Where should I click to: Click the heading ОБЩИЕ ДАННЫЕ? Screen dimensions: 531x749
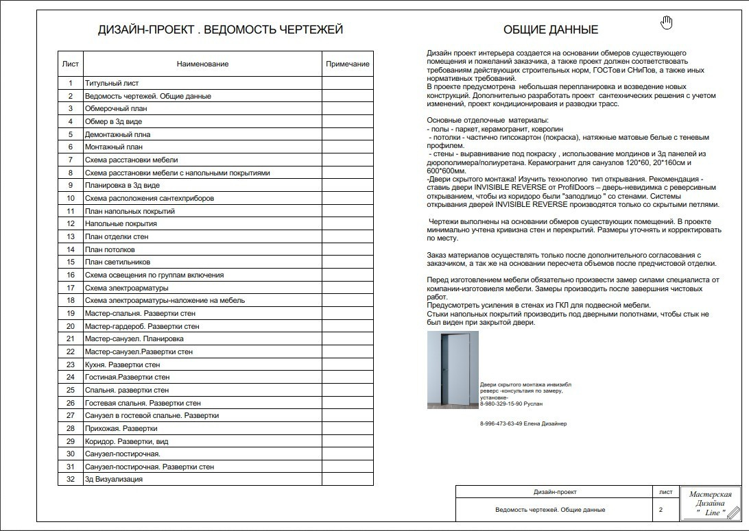(x=550, y=29)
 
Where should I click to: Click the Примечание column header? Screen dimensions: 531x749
(x=347, y=64)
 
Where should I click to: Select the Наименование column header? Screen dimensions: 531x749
(x=202, y=64)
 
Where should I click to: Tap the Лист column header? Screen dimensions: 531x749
(x=70, y=64)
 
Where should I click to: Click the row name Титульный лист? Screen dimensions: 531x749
(x=112, y=84)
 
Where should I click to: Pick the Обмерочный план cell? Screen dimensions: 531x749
(x=116, y=109)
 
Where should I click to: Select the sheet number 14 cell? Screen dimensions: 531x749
(x=70, y=249)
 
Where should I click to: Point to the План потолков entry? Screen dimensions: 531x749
(x=110, y=249)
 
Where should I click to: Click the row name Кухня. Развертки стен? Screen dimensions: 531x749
(x=122, y=365)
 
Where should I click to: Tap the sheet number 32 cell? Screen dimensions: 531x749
(x=70, y=480)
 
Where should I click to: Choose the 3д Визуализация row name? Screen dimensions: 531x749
(x=114, y=480)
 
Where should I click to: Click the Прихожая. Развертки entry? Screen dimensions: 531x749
(x=121, y=428)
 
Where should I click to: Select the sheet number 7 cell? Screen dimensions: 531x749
(x=70, y=160)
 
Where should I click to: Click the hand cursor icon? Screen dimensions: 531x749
(x=666, y=23)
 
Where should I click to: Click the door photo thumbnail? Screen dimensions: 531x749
(x=453, y=370)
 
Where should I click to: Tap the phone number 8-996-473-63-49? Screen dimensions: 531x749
(x=501, y=423)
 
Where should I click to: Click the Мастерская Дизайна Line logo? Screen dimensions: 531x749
(x=710, y=504)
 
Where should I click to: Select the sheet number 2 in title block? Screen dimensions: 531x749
(x=661, y=510)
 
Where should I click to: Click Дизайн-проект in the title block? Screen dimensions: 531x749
(x=555, y=492)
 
